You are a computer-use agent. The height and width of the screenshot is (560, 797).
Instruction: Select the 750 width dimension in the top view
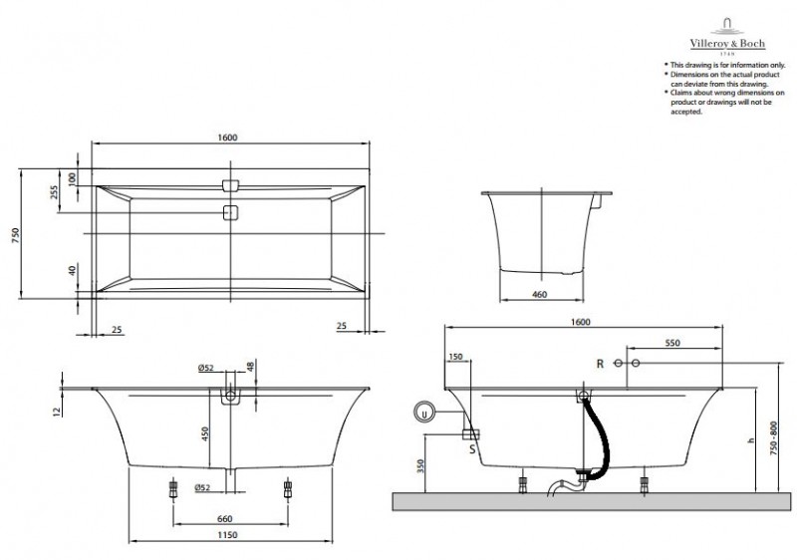(15, 233)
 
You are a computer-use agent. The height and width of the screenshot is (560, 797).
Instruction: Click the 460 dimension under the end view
(539, 294)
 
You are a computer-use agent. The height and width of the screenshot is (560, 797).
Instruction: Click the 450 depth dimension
(206, 434)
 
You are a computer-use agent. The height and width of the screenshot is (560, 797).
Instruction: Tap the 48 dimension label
(249, 368)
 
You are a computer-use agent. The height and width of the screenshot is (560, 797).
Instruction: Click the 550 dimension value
(671, 343)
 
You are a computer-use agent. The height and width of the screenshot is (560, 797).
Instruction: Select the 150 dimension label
(455, 356)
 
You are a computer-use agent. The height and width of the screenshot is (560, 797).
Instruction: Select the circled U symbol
(424, 411)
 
